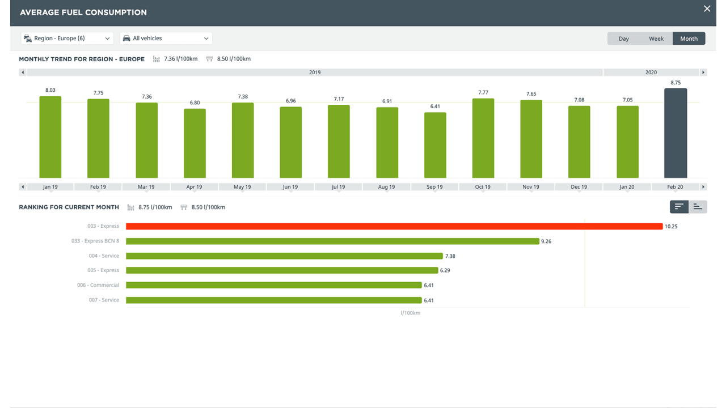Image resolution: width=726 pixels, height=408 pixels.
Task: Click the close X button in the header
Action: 707,8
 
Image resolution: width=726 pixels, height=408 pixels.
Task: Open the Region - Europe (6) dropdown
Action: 67,39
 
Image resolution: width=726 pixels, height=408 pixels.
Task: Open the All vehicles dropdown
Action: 166,39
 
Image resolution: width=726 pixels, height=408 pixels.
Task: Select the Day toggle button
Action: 623,39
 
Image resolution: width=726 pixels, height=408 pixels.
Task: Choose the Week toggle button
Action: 656,39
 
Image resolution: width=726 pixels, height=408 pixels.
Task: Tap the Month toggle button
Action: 689,39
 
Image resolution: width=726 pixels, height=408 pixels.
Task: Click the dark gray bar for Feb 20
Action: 676,133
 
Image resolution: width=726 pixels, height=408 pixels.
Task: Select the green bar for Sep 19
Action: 435,145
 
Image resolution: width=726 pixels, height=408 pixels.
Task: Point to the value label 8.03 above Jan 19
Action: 50,90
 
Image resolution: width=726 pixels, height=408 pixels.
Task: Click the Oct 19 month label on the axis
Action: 483,187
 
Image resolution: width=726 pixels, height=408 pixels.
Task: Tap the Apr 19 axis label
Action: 194,187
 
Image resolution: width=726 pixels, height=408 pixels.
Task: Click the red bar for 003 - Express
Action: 394,226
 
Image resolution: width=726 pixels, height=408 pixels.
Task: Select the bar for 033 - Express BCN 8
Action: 332,241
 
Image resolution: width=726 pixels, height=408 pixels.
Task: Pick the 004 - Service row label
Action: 104,256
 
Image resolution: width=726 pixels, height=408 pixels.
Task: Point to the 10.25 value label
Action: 671,227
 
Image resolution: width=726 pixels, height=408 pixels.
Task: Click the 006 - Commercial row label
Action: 98,285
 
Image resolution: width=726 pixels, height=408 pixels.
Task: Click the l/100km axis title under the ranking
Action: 410,313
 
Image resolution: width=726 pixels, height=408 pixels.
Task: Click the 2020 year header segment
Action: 651,73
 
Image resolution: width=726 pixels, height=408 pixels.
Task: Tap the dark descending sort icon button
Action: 679,207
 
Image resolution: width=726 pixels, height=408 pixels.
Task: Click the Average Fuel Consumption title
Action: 83,12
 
